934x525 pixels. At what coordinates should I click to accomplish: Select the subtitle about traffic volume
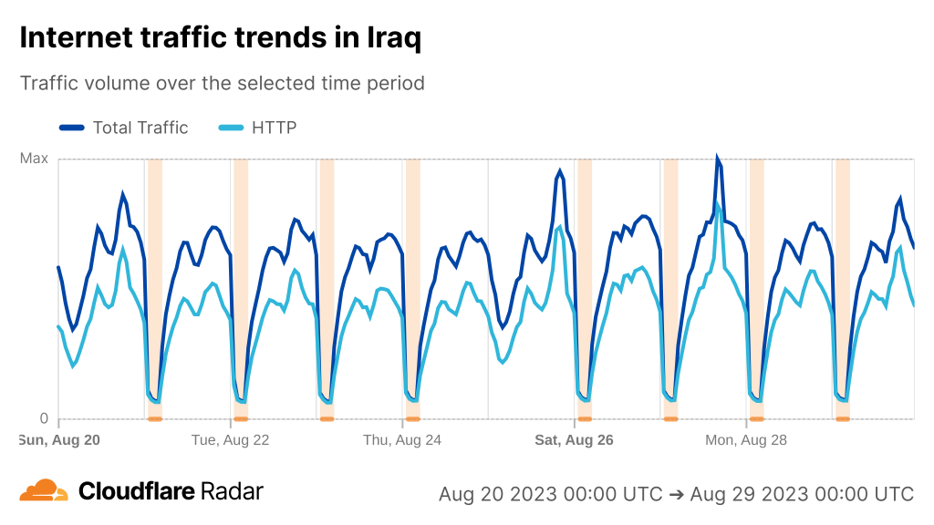tap(223, 83)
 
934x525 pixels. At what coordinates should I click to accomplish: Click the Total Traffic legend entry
tap(140, 128)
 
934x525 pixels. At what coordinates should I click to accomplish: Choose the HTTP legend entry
tap(274, 128)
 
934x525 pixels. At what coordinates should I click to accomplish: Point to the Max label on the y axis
tap(34, 159)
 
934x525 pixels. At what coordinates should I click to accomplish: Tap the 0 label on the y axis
tap(43, 419)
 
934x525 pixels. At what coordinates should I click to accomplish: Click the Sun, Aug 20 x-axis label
tap(59, 439)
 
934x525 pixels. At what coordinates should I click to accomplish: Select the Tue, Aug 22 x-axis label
tap(230, 439)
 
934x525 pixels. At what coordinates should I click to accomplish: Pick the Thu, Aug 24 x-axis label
tap(402, 439)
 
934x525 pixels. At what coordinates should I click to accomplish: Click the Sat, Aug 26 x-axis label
tap(574, 439)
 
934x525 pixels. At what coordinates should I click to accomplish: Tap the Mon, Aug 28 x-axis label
tap(746, 439)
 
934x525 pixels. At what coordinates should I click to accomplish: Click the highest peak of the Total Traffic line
tap(718, 159)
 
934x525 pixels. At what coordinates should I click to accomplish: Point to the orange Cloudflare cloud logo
tap(44, 491)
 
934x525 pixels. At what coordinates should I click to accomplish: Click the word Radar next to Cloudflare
tap(232, 491)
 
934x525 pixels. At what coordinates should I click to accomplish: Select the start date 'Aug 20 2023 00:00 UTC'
tap(550, 494)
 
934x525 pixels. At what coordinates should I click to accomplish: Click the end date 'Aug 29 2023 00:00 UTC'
tap(802, 494)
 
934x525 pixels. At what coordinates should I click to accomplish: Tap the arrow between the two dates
tap(676, 494)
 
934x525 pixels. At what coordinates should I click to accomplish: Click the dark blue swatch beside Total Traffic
tap(72, 128)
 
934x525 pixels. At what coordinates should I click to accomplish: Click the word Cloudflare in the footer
tap(137, 491)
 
